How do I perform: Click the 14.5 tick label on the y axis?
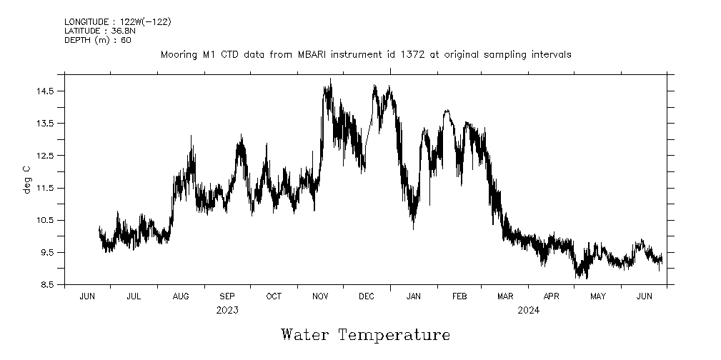[x=46, y=91]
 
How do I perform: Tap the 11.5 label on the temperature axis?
[x=46, y=188]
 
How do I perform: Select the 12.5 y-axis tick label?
[x=46, y=156]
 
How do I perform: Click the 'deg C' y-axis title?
[x=27, y=179]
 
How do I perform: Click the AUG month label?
[x=181, y=296]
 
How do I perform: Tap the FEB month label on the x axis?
[x=459, y=296]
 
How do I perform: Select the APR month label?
[x=551, y=296]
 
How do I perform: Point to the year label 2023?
[x=227, y=310]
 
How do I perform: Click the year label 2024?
[x=528, y=310]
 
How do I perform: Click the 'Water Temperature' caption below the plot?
[x=366, y=334]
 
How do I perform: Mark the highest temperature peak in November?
[x=330, y=79]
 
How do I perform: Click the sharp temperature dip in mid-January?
[x=413, y=229]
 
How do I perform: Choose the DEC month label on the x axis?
[x=366, y=296]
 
